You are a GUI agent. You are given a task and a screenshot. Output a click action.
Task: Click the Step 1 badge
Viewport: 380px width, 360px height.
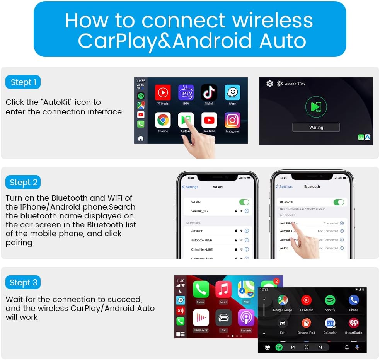click(x=23, y=82)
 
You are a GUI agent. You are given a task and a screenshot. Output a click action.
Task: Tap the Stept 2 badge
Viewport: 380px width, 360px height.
click(x=23, y=182)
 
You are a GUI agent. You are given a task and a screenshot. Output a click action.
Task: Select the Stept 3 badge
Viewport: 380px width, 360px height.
click(x=23, y=282)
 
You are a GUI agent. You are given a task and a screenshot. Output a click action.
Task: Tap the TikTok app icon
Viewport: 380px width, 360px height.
click(x=209, y=93)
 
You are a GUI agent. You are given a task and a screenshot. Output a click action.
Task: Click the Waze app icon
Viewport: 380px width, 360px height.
click(x=232, y=93)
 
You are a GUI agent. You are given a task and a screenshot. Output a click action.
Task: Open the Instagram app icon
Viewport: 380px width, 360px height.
click(x=232, y=120)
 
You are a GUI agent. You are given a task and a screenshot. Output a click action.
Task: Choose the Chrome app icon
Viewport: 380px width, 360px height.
click(x=163, y=120)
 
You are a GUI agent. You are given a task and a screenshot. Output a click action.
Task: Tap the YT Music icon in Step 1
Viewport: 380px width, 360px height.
click(x=163, y=93)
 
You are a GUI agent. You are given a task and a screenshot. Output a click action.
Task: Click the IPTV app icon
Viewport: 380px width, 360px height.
click(x=186, y=93)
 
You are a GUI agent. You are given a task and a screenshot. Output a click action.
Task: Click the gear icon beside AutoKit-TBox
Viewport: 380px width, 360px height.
click(x=269, y=84)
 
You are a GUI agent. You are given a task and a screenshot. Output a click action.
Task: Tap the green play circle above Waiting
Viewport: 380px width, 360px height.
click(x=316, y=107)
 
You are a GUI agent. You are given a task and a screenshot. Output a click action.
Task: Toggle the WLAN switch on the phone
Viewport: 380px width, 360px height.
click(x=244, y=202)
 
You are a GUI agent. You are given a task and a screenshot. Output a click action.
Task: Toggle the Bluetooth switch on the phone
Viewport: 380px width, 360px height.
click(x=338, y=202)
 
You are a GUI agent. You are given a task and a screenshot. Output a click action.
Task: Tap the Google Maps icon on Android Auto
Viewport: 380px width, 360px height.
click(x=283, y=300)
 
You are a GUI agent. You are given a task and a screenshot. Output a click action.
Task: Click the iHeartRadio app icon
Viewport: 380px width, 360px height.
click(x=353, y=323)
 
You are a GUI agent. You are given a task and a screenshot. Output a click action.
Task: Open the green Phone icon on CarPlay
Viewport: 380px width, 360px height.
click(x=201, y=290)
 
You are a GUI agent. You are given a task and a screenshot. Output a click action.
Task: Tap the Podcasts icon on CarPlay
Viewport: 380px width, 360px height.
click(x=246, y=317)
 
